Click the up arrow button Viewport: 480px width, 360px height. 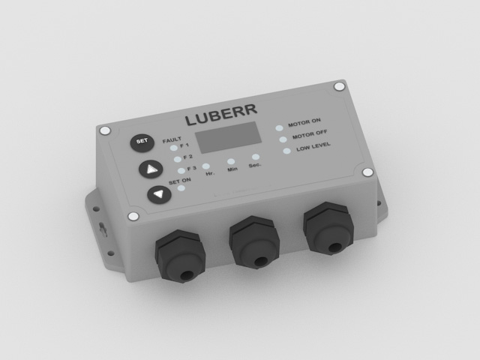[x=151, y=169]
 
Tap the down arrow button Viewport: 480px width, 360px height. [x=159, y=195]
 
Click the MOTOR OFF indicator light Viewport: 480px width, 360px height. [x=283, y=139]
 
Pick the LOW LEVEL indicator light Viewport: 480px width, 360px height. [x=286, y=151]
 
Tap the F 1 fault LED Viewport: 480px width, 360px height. [x=175, y=148]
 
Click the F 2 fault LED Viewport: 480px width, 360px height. [x=178, y=160]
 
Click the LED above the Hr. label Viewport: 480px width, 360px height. [x=207, y=165]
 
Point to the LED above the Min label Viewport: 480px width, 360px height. [x=232, y=161]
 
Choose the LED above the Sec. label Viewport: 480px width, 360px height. [x=256, y=157]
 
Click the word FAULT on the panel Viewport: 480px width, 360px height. [x=171, y=139]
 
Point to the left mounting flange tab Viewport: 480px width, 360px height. [x=99, y=220]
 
